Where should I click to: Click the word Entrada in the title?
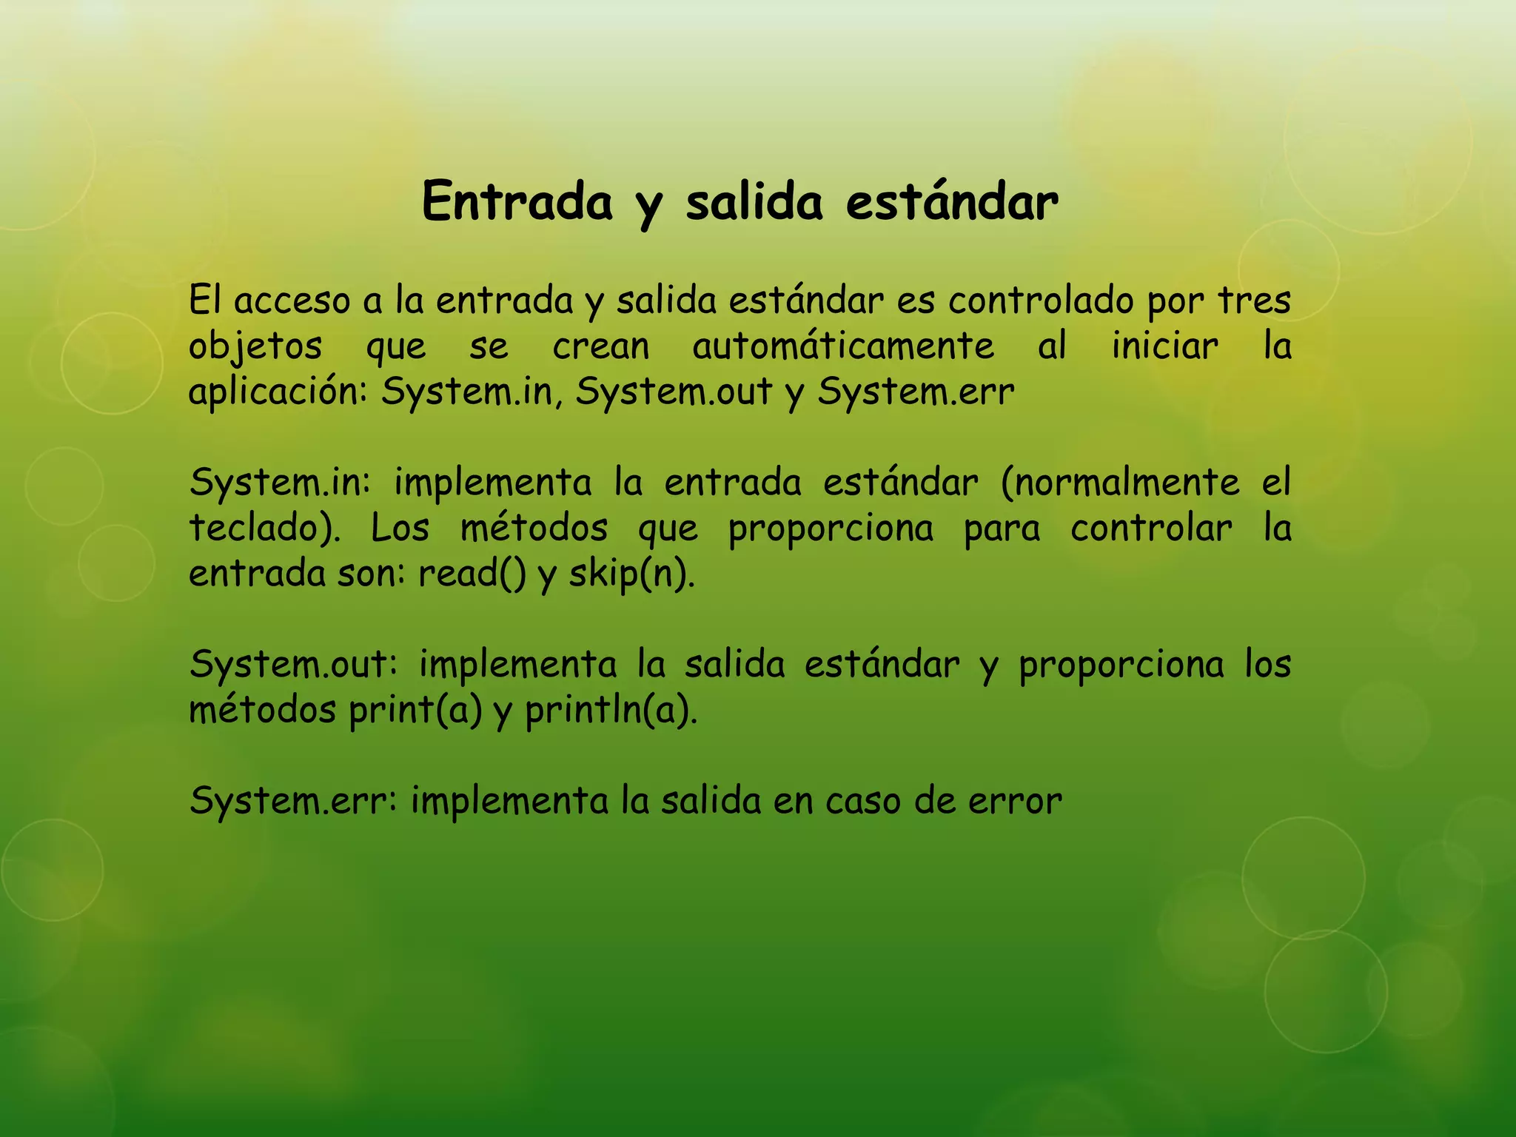pos(517,201)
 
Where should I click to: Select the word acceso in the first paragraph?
pos(292,301)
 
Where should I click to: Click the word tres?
pos(1254,301)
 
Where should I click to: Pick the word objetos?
pos(255,346)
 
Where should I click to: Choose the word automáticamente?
pos(843,346)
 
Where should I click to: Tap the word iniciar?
pos(1164,346)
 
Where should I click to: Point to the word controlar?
pos(1151,529)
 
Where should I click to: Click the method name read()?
pos(472,574)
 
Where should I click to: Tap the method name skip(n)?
pos(631,574)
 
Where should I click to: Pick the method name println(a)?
pos(611,711)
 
